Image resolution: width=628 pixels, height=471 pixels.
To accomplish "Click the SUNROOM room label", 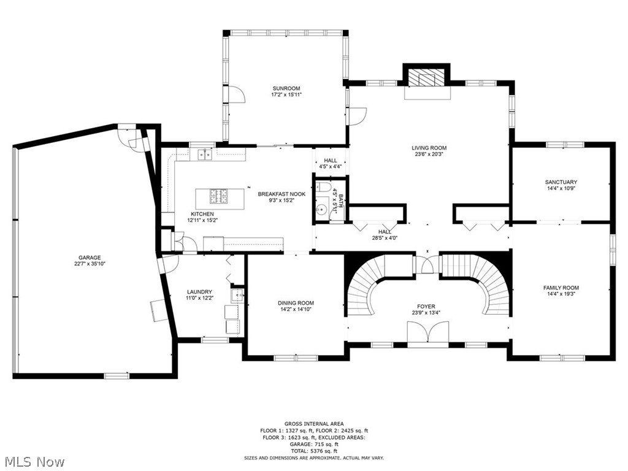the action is (286, 88).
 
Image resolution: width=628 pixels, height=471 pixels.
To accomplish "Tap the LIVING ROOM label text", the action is (429, 148).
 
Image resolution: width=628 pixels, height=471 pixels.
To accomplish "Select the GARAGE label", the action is (90, 258).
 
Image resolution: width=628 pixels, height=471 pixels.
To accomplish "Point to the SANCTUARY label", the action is (561, 182).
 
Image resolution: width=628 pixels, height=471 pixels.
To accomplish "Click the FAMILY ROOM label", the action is (561, 288).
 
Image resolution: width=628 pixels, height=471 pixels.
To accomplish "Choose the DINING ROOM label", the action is (296, 303).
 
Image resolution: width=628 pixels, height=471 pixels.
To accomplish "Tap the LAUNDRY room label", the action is (199, 292).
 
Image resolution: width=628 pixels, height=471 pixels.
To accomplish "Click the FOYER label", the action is (426, 307).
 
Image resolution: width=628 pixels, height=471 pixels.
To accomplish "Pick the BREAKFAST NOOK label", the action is (281, 194).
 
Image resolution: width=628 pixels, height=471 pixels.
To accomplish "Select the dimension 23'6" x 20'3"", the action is (429, 154).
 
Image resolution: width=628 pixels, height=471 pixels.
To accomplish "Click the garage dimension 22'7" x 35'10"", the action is (90, 264).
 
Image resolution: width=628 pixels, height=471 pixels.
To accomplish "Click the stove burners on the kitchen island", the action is (219, 196).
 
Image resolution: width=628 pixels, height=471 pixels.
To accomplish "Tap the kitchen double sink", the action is (205, 154).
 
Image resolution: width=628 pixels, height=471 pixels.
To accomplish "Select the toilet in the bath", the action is (322, 187).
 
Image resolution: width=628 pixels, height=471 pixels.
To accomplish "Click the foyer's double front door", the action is (428, 332).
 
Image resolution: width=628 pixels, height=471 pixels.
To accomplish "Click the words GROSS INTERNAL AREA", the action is (314, 424).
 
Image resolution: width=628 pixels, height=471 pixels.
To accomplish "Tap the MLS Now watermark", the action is (33, 462).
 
